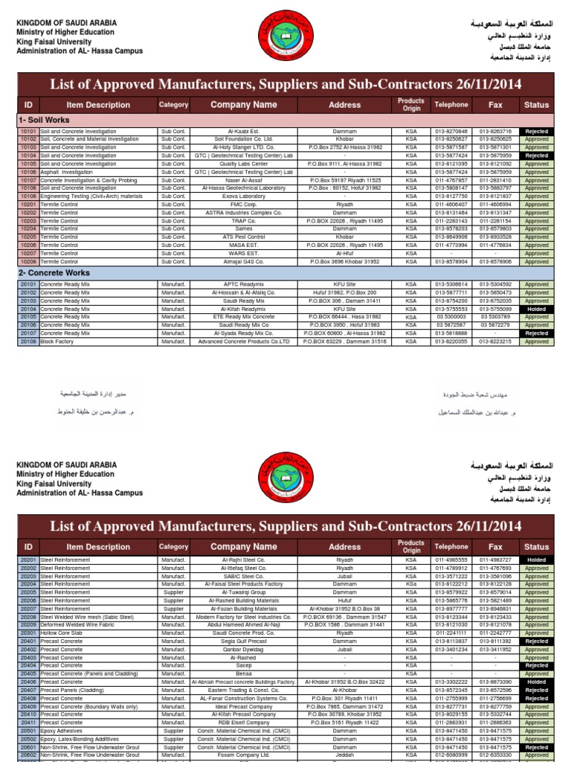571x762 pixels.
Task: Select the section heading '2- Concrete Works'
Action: click(51, 272)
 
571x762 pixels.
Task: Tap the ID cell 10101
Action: click(28, 131)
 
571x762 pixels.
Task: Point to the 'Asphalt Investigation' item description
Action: click(67, 172)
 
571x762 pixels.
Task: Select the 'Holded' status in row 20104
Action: click(536, 309)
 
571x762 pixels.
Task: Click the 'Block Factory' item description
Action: click(57, 342)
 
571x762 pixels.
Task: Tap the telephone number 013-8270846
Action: click(452, 131)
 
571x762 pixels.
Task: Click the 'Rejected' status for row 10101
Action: click(536, 131)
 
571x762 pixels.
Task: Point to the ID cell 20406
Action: click(28, 682)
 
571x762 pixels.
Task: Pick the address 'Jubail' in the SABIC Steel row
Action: click(345, 576)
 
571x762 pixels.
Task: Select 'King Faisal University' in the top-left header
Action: click(57, 42)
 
